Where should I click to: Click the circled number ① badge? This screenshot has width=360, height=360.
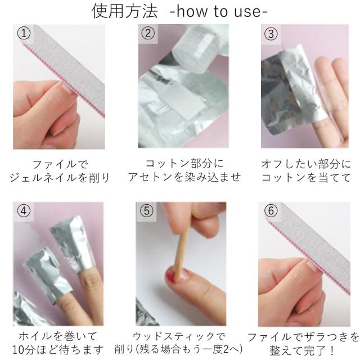pos(24,34)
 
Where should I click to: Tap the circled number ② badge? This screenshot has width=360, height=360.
pos(148,34)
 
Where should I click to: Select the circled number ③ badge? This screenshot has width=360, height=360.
pos(271,34)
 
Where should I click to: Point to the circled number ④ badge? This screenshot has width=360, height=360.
pos(24,211)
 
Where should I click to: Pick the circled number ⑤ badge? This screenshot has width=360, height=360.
pos(146,211)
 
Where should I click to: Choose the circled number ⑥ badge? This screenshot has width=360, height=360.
pos(271,211)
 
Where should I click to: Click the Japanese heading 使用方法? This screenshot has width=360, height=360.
pos(125,11)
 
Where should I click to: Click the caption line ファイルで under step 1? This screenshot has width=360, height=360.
pos(60,164)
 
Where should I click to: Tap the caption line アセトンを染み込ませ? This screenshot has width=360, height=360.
pos(184,177)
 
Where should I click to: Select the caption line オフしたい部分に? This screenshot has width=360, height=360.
pos(306,164)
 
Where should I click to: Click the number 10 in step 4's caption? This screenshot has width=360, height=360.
pos(18,350)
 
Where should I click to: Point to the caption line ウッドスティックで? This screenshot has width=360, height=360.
pos(179,336)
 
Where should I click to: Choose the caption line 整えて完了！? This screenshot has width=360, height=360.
pos(303,350)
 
